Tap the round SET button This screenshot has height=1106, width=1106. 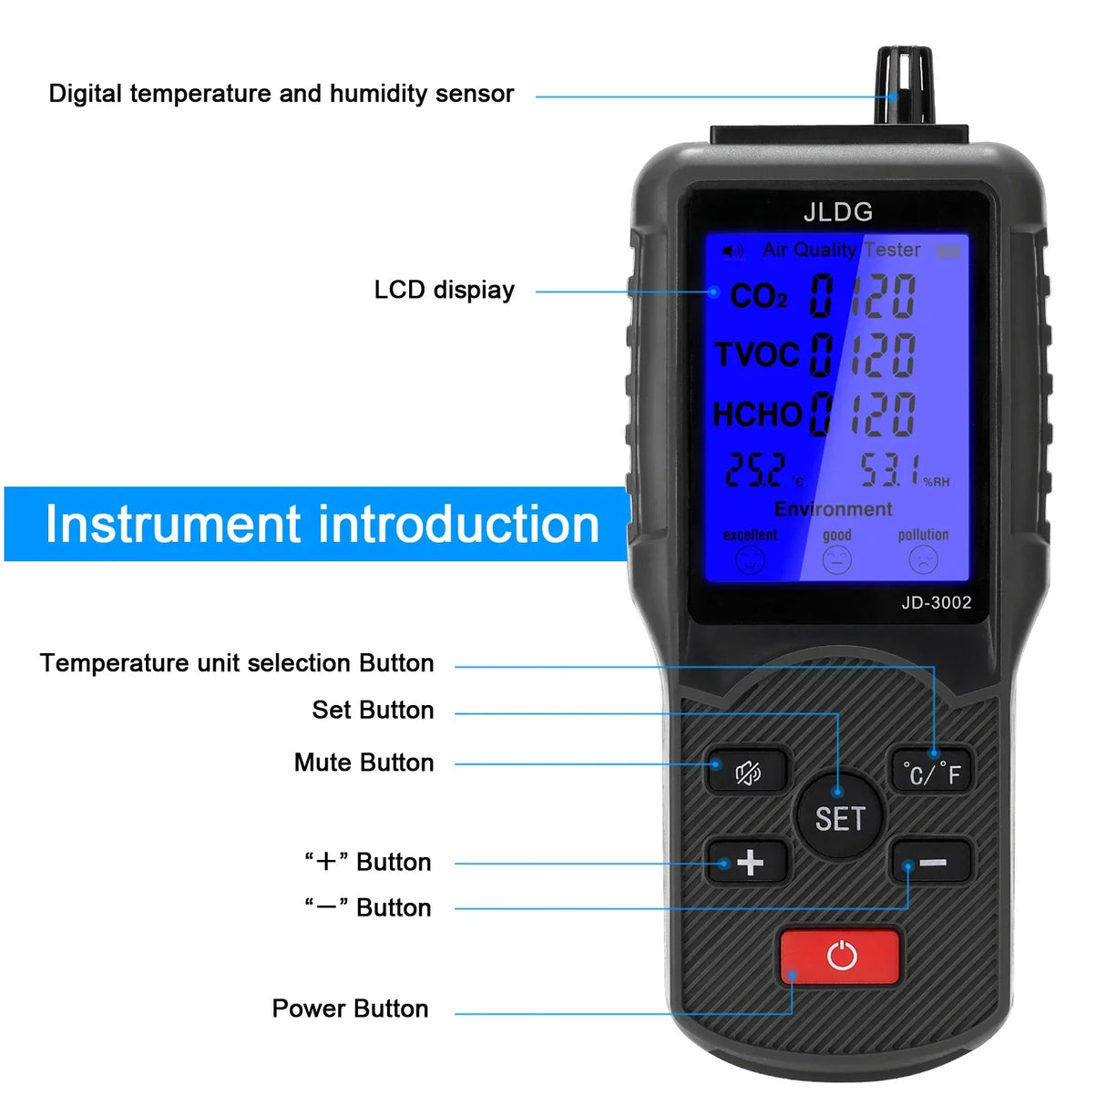(839, 817)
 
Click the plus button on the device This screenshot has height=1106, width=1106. (749, 862)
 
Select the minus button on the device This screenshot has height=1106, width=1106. (931, 862)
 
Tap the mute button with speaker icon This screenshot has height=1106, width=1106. (747, 773)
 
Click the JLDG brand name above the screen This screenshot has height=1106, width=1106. (838, 212)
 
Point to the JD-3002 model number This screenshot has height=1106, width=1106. (937, 602)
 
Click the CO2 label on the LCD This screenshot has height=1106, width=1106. (759, 296)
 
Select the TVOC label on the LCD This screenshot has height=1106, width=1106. (757, 354)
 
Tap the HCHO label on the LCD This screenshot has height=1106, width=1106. (757, 415)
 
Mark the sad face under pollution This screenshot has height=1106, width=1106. (923, 559)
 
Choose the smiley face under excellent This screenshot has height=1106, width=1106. (750, 560)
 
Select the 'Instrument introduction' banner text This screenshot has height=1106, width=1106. (322, 525)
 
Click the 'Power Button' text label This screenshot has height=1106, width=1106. (350, 1009)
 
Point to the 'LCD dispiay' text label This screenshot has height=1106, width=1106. (444, 290)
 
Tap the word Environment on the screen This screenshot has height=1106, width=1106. (834, 509)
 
